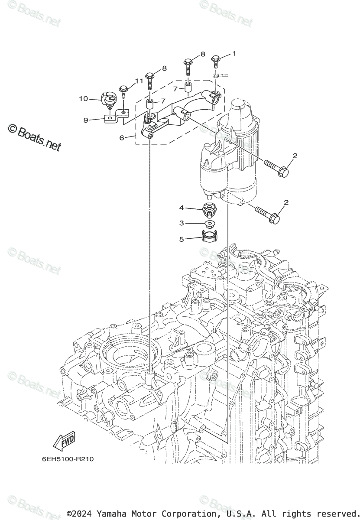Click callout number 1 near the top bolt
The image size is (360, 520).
234,54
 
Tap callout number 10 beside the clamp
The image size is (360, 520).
83,99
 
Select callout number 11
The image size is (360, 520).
139,81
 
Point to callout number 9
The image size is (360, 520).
86,120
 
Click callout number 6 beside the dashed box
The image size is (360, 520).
122,137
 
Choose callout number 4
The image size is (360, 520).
182,208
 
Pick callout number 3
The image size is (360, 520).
182,223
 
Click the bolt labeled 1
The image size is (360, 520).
216,62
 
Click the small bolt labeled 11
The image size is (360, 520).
123,91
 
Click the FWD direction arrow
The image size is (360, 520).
64,442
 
